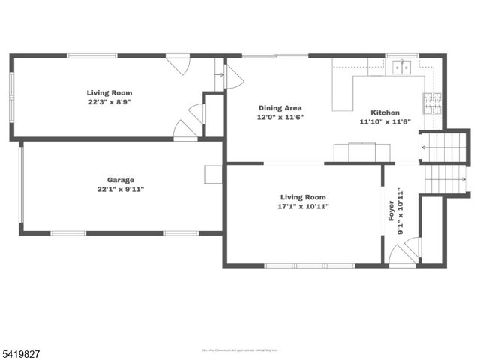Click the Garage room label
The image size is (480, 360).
point(120,180)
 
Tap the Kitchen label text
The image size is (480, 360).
point(385,112)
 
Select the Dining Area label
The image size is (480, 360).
point(280,108)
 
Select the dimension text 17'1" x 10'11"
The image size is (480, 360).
point(304,206)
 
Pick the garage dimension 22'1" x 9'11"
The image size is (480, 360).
point(120,190)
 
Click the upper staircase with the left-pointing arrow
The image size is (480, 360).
point(443,148)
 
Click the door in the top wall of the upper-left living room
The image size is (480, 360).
point(178,63)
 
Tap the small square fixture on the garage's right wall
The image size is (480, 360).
point(212,174)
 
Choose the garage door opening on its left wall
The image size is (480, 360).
point(21,184)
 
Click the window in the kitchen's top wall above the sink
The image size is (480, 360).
point(402,55)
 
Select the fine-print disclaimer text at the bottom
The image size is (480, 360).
point(239,349)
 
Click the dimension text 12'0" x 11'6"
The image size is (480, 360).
point(280,118)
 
